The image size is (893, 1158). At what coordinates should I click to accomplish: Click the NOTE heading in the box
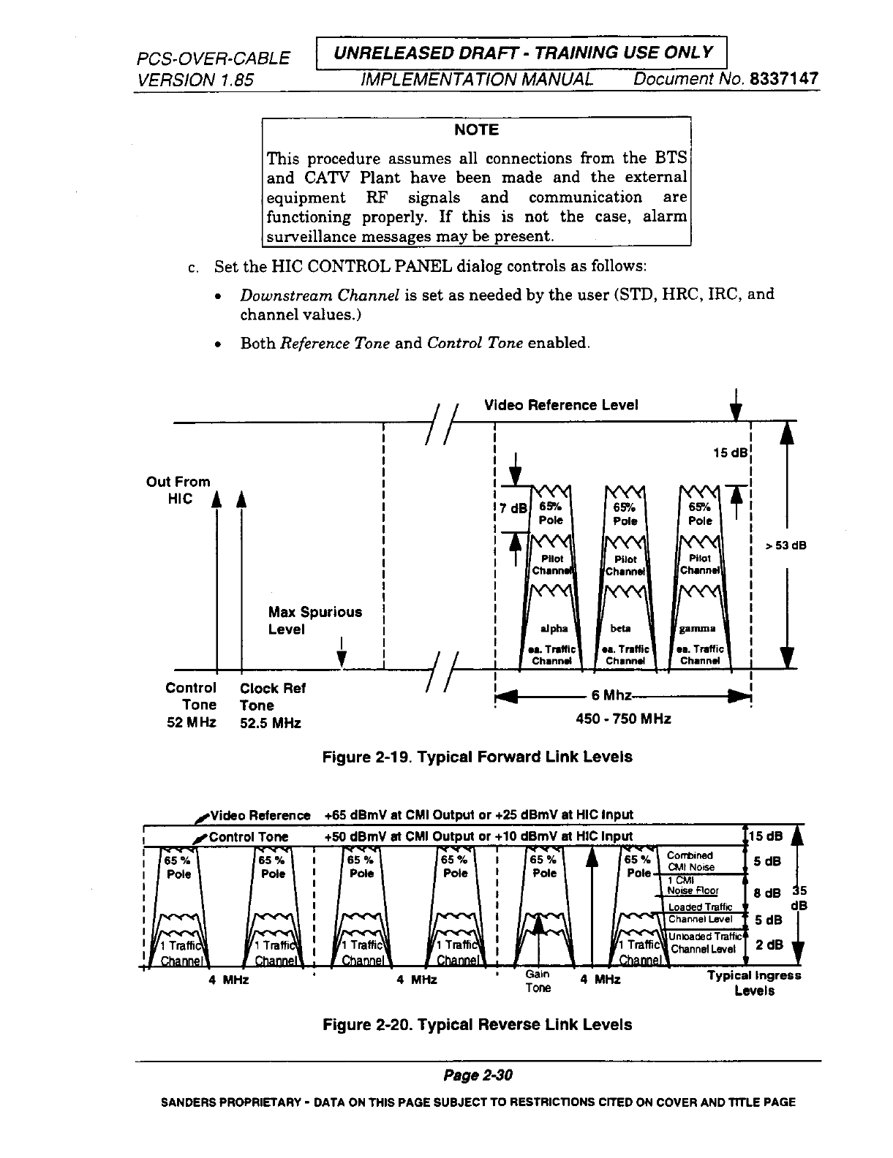point(476,130)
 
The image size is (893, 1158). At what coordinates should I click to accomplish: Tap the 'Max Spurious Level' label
point(314,621)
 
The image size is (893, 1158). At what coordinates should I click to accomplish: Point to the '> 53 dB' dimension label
point(785,544)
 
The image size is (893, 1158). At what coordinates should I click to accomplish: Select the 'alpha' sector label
point(553,628)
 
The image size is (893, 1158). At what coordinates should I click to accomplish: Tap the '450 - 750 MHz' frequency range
point(624,719)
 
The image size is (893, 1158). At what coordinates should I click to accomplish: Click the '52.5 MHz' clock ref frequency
point(270,723)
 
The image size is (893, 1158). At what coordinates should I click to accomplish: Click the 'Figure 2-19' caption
point(477,757)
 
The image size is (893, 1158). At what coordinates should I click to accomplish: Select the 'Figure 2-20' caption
point(477,1024)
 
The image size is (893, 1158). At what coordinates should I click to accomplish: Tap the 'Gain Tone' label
point(538,981)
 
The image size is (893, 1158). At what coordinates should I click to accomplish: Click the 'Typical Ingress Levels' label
point(754,983)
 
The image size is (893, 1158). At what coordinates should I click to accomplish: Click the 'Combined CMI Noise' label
point(691,861)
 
